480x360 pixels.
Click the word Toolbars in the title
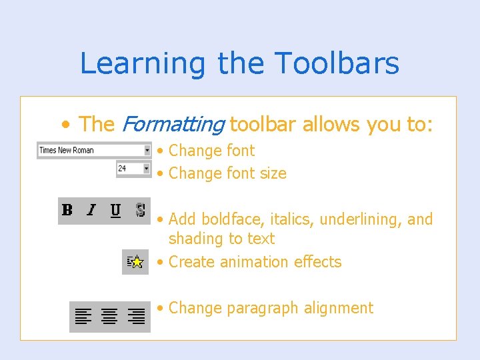pyautogui.click(x=337, y=64)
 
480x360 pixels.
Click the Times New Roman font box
pyautogui.click(x=89, y=151)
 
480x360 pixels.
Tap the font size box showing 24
pyautogui.click(x=129, y=169)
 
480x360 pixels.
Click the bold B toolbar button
pyautogui.click(x=67, y=211)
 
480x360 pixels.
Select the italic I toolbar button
pyautogui.click(x=91, y=211)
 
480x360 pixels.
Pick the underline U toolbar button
pyautogui.click(x=115, y=211)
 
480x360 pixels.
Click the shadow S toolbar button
pyautogui.click(x=140, y=211)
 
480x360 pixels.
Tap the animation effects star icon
pyautogui.click(x=135, y=262)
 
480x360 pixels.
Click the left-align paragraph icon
pyautogui.click(x=83, y=316)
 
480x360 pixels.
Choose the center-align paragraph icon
pyautogui.click(x=109, y=316)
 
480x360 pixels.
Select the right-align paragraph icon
pyautogui.click(x=137, y=316)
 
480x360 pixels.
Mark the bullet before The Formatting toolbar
pyautogui.click(x=65, y=125)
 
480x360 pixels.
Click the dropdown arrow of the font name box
pyautogui.click(x=147, y=151)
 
